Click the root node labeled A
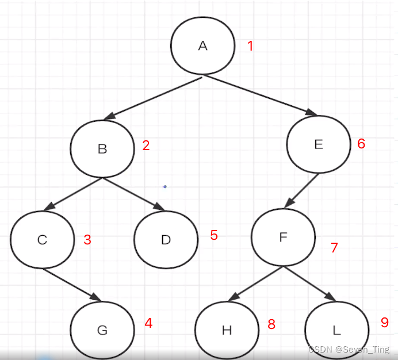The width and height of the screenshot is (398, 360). click(202, 46)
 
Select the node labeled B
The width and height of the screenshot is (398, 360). click(102, 149)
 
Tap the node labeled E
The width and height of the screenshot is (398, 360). click(318, 144)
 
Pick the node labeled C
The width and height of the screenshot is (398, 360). click(42, 239)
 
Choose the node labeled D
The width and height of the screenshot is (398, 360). click(166, 239)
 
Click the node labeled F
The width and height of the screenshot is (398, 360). click(283, 237)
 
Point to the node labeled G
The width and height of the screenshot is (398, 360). click(102, 330)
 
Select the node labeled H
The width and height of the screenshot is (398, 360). click(227, 330)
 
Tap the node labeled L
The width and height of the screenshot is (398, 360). click(336, 330)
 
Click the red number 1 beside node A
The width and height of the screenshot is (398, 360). click(250, 45)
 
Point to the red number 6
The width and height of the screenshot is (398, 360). click(361, 143)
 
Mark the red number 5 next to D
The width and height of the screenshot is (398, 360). click(214, 235)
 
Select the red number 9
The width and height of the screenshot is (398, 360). click(385, 323)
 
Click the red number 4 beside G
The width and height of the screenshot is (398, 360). click(148, 323)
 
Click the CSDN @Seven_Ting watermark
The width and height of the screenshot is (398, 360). click(349, 350)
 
